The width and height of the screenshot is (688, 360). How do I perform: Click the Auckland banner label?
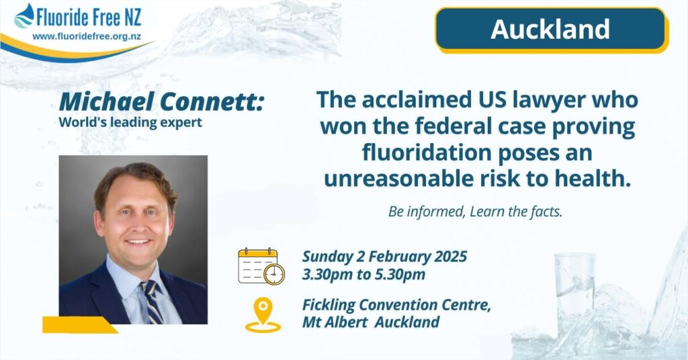(550, 30)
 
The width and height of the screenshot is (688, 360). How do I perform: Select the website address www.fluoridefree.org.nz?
(87, 37)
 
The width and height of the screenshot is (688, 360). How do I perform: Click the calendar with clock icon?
(261, 266)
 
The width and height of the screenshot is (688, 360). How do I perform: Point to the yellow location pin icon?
(263, 315)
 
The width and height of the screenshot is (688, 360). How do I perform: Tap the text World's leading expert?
(130, 122)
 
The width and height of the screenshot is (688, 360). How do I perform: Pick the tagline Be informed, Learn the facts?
(475, 212)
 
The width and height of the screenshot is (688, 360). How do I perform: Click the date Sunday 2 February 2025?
(384, 257)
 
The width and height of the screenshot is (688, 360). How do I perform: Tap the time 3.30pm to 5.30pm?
(363, 275)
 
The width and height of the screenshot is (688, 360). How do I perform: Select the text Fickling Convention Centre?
(396, 305)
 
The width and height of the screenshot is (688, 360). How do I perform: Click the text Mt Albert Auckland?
(371, 322)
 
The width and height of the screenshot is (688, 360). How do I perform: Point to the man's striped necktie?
(152, 302)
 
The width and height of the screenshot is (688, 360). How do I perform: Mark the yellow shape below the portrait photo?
(79, 325)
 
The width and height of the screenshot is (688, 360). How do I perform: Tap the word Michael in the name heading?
(107, 101)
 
